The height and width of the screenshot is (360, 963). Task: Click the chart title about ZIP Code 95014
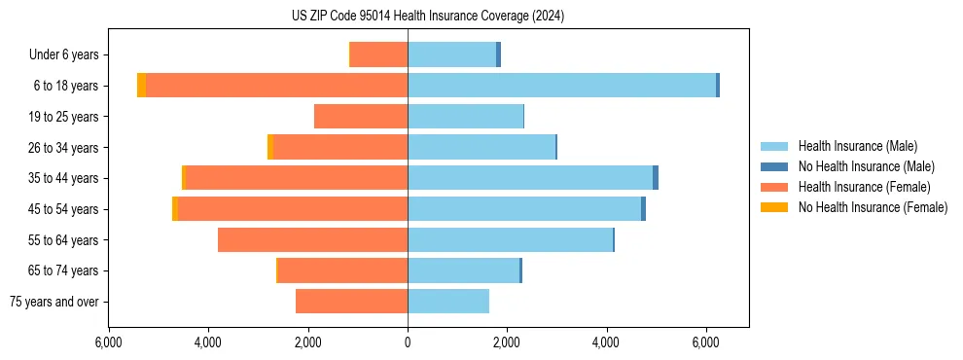click(x=428, y=17)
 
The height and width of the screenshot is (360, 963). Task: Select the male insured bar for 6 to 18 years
click(x=561, y=86)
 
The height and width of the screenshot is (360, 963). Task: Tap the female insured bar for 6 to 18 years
click(x=276, y=86)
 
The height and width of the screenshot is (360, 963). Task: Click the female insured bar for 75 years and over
click(x=351, y=302)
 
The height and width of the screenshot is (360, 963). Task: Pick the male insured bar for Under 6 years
click(x=451, y=54)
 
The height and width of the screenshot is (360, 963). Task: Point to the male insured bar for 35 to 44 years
click(x=530, y=178)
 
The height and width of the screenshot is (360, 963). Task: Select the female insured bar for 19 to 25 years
click(x=361, y=117)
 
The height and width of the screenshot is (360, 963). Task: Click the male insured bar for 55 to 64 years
click(x=510, y=239)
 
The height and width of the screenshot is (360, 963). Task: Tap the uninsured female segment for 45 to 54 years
click(x=175, y=209)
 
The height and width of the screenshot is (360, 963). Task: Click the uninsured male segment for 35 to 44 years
click(x=656, y=178)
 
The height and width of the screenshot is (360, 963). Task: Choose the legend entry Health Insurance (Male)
click(x=856, y=146)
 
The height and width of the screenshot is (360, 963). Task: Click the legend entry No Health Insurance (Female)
click(x=873, y=207)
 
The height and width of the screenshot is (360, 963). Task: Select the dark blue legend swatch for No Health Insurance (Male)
click(x=775, y=166)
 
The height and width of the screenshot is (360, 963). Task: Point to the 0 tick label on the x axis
click(x=408, y=342)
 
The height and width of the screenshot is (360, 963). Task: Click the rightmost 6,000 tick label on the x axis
click(x=705, y=342)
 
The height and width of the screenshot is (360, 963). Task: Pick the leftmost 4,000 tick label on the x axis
click(x=208, y=342)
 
